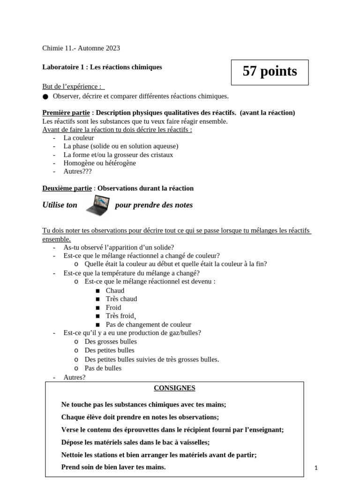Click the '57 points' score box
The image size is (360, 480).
pyautogui.click(x=270, y=72)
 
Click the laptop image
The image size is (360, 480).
pyautogui.click(x=97, y=206)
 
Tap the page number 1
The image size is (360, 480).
pyautogui.click(x=316, y=467)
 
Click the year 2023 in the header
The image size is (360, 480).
pyautogui.click(x=112, y=48)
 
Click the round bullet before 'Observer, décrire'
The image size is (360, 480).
pyautogui.click(x=45, y=97)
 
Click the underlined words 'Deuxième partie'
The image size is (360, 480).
pyautogui.click(x=67, y=188)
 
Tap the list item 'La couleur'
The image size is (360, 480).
pyautogui.click(x=79, y=138)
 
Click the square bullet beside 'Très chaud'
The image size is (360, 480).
pyautogui.click(x=97, y=299)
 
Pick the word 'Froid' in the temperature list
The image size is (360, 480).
pyautogui.click(x=113, y=307)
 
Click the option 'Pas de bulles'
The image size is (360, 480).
pyautogui.click(x=103, y=368)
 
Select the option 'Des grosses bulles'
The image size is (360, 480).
pyautogui.click(x=111, y=341)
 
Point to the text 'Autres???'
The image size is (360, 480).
pyautogui.click(x=77, y=172)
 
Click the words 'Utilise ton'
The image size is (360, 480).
pyautogui.click(x=60, y=205)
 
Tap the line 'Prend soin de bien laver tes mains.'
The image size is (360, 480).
pyautogui.click(x=113, y=467)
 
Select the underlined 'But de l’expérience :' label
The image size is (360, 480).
pyautogui.click(x=73, y=87)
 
